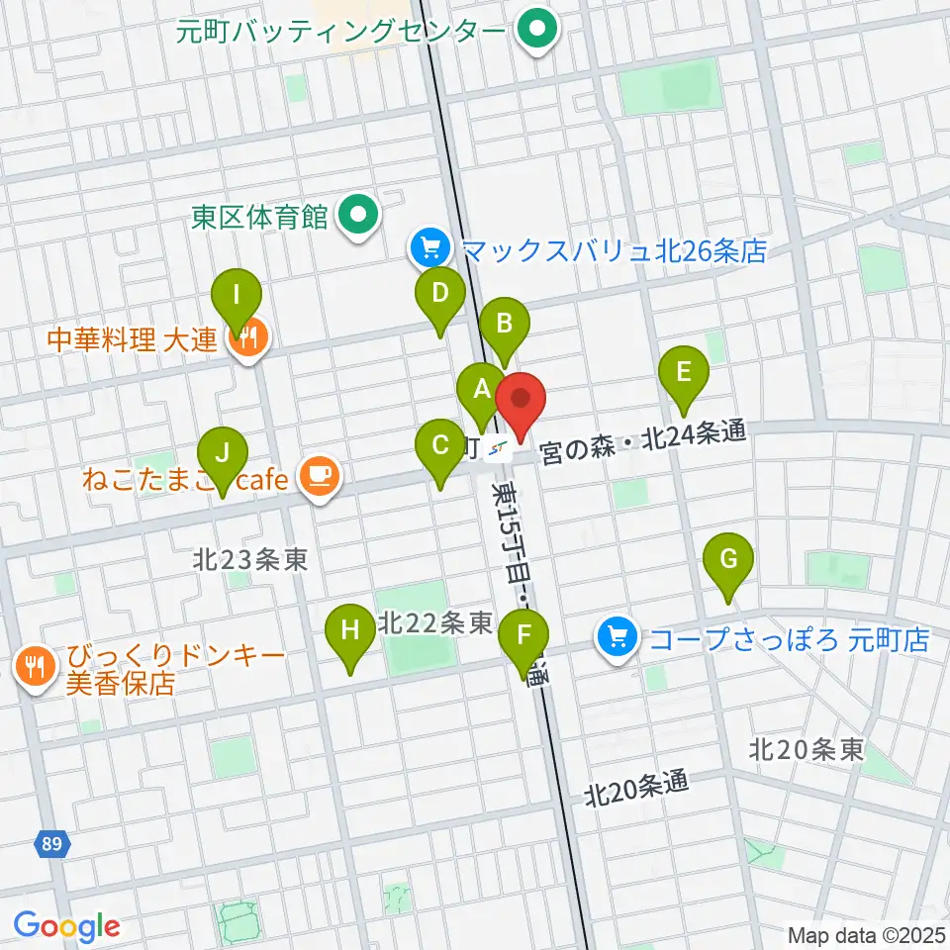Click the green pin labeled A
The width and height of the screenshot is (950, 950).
point(482,388)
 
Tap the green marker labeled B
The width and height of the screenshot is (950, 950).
point(505,324)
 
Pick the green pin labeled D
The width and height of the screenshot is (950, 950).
point(439,294)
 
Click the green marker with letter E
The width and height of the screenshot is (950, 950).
point(683,373)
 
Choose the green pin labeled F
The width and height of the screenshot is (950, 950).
point(523,636)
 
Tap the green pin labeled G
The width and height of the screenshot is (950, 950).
point(728,560)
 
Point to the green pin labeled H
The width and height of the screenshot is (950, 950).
point(350,630)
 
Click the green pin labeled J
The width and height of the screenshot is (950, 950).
point(223,454)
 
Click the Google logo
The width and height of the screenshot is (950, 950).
point(66,926)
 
